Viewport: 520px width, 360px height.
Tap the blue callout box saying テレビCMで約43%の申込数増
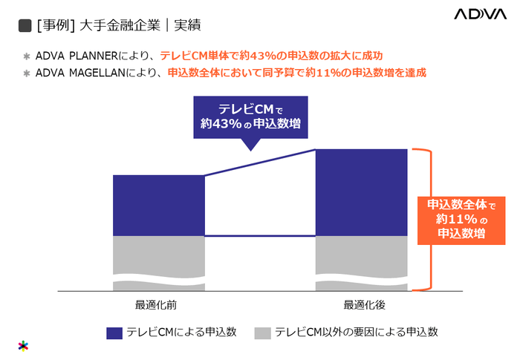point(250,117)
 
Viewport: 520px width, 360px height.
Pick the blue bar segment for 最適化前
point(158,206)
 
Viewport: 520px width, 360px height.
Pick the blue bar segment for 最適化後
point(362,192)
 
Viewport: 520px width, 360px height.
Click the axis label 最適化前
point(156,305)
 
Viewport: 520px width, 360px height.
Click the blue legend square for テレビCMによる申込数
point(114,332)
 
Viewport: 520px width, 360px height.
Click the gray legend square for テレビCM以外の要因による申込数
point(262,332)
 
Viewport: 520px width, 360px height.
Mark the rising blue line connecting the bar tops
point(260,162)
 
